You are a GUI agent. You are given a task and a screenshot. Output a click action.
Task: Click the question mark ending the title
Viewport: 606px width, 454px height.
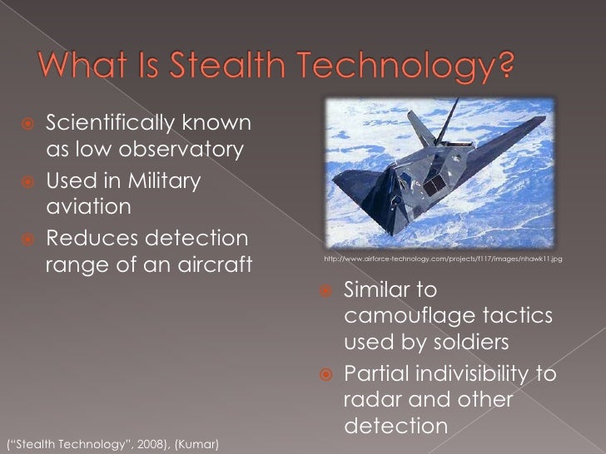coord(504,64)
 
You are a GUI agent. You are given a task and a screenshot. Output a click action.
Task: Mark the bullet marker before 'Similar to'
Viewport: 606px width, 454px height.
coord(326,291)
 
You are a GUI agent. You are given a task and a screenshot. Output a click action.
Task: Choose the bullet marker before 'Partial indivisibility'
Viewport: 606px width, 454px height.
coord(326,374)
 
